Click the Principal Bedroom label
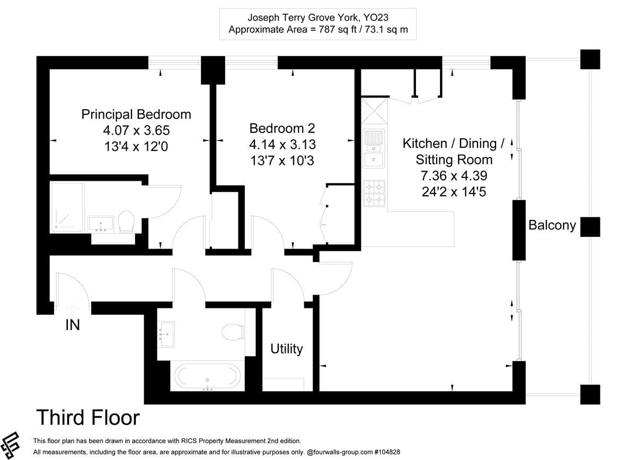pos(136,114)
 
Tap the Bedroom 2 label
pos(282,128)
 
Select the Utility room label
pos(287,349)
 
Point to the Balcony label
pos(552,225)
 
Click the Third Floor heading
pos(88,418)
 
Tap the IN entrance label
pos(73,325)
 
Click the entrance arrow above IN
pos(73,308)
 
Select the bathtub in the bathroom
pos(208,376)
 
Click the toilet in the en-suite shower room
pos(126,222)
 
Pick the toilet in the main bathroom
pos(233,332)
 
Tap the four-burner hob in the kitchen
pos(374,193)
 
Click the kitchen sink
pos(374,149)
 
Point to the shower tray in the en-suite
pos(67,207)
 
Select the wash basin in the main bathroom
pos(166,334)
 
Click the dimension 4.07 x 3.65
pos(136,130)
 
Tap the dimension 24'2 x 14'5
pos(454,192)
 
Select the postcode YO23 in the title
pos(376,17)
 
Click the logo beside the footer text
pos(10,446)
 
